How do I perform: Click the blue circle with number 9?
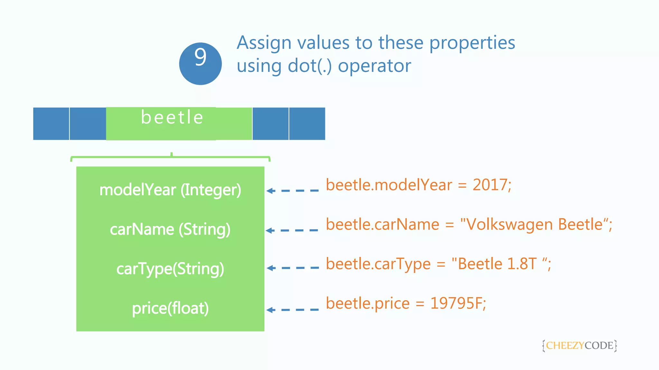(x=200, y=64)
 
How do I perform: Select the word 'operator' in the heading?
(x=374, y=66)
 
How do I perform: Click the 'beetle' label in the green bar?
(x=172, y=117)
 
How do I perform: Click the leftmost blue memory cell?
(x=51, y=124)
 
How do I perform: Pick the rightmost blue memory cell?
(x=307, y=124)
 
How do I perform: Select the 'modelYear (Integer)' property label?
(x=170, y=190)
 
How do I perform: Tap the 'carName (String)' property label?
(x=170, y=229)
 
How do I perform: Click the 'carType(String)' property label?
(x=170, y=269)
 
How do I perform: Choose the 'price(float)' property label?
(x=170, y=308)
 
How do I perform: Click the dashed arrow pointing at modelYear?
(x=292, y=191)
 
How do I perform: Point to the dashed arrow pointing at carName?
(x=292, y=230)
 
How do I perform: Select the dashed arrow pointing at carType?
(x=293, y=268)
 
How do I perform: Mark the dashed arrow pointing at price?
(x=292, y=310)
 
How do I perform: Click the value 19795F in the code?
(x=456, y=303)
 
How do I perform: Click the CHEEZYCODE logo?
(x=580, y=346)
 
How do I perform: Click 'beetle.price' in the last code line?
(x=368, y=304)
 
